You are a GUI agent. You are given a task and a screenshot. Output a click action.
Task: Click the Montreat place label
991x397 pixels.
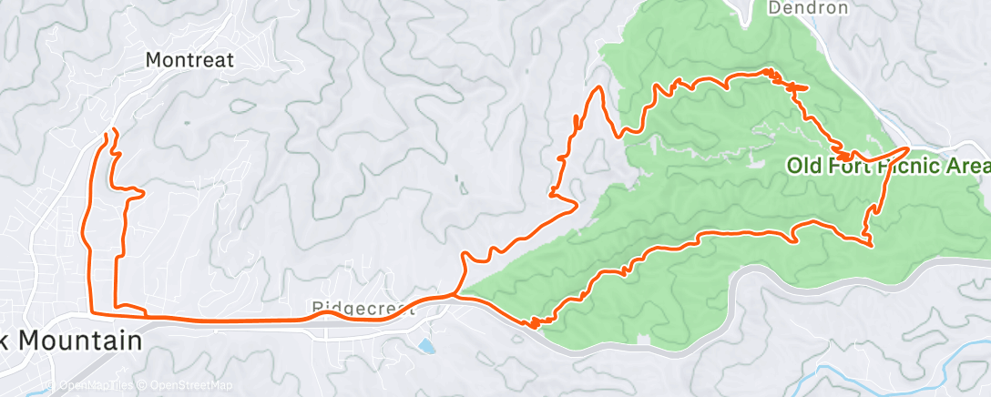click(x=190, y=61)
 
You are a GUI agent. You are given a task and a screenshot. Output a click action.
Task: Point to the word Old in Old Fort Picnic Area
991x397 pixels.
click(x=806, y=166)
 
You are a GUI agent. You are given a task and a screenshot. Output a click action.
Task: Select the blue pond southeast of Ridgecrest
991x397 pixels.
click(x=425, y=346)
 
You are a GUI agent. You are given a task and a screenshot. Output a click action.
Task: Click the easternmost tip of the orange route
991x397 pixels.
click(x=908, y=148)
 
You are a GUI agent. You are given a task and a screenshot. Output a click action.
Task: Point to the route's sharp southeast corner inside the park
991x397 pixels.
click(x=872, y=244)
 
